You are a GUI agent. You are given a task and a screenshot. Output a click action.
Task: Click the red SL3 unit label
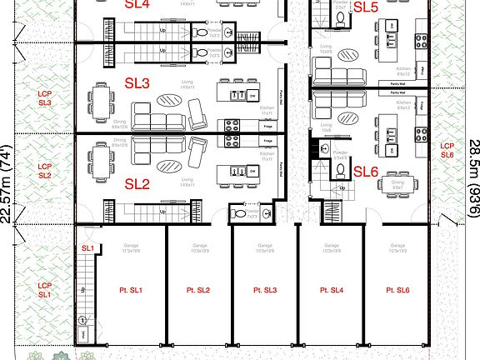click(x=137, y=83)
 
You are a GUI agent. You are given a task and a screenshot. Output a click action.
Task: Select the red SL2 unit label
click(x=137, y=183)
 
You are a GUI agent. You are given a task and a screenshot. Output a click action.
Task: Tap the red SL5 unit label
click(x=365, y=7)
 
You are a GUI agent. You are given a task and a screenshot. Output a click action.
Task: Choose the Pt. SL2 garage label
click(x=197, y=290)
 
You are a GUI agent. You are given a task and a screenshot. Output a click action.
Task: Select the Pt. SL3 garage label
click(x=265, y=290)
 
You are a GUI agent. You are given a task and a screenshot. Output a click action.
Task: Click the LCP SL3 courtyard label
click(x=44, y=98)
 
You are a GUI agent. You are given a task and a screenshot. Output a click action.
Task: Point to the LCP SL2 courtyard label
click(x=44, y=172)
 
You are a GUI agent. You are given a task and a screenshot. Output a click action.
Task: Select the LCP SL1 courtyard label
click(x=44, y=290)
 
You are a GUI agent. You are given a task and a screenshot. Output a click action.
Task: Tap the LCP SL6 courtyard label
click(x=447, y=150)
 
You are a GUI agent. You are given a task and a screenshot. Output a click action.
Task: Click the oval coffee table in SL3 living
click(x=169, y=99)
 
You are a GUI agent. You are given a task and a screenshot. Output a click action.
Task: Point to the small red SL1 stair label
click(x=87, y=248)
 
